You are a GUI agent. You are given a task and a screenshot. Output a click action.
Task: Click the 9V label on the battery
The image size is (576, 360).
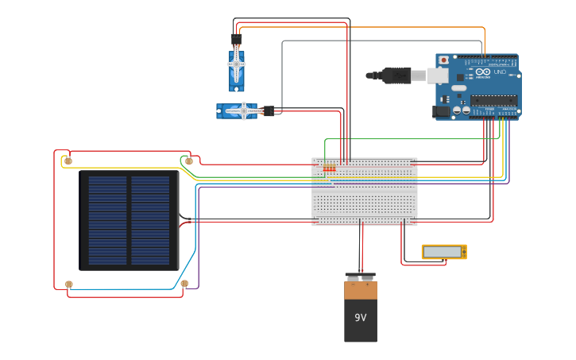point(360,318)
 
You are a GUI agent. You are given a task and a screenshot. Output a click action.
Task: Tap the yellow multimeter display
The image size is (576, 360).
point(443,252)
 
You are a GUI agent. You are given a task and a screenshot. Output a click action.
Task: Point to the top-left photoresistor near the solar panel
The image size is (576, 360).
point(68,161)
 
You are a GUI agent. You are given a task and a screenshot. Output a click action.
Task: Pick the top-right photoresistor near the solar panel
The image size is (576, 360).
point(188,161)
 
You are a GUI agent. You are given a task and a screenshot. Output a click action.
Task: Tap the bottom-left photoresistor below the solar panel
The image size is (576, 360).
point(69,284)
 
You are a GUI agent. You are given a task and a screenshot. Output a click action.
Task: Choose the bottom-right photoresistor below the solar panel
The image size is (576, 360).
point(184,283)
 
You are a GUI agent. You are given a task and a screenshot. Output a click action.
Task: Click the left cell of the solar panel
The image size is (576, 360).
point(107,220)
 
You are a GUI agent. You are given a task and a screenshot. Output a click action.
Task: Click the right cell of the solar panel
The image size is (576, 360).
point(150,220)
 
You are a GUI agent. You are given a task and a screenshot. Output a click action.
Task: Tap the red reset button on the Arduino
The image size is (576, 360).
point(443,60)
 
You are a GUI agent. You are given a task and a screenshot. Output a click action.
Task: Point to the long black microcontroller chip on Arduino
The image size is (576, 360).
point(493,100)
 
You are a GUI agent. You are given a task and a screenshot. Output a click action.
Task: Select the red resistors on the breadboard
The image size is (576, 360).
point(329,168)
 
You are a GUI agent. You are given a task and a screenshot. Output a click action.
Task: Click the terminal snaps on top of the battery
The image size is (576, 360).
point(360,277)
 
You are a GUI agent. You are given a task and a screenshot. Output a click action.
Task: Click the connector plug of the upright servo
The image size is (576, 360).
point(236,38)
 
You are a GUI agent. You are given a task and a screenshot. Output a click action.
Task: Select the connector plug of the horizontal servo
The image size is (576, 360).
point(269,110)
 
